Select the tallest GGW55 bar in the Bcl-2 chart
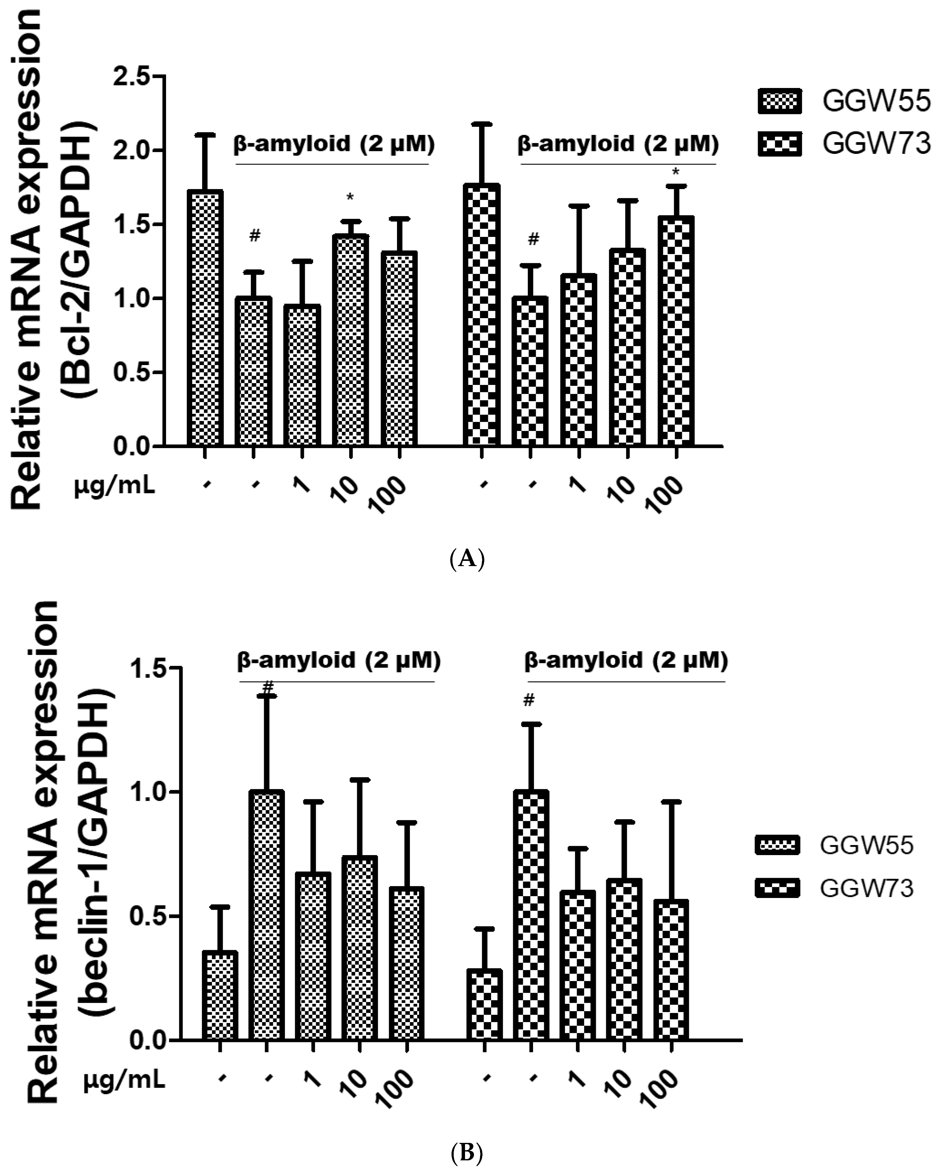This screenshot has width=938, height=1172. pos(205,318)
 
